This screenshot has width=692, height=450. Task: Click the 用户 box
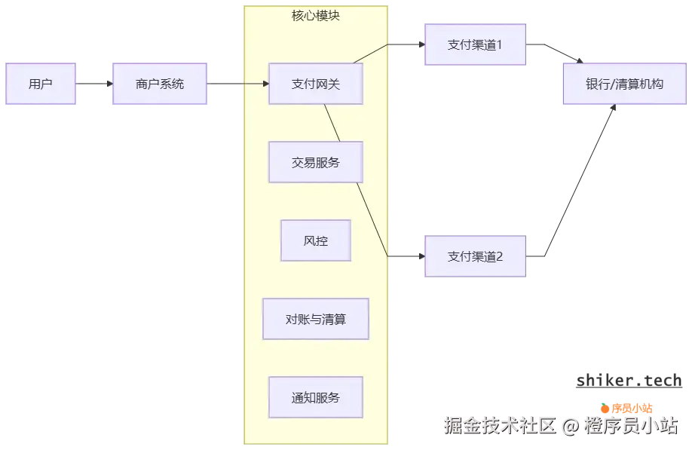[x=41, y=84]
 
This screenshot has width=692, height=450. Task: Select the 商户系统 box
[x=159, y=84]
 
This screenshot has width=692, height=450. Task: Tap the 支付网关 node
[x=316, y=84]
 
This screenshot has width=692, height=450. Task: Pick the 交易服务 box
[x=316, y=162]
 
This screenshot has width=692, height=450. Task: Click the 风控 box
[x=316, y=240]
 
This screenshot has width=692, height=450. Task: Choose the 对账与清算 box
[x=316, y=319]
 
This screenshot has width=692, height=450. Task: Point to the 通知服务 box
[x=316, y=397]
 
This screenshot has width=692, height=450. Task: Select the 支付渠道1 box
[x=475, y=44]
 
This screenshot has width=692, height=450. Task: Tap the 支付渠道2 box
[x=475, y=256]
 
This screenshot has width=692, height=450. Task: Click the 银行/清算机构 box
[x=624, y=84]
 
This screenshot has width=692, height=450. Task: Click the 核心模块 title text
[x=316, y=15]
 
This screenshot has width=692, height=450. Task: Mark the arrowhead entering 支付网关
[x=265, y=84]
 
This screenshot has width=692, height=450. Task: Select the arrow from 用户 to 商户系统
[x=94, y=84]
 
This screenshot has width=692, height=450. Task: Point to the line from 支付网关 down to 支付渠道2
[x=358, y=181]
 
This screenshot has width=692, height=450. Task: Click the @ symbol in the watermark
[x=571, y=427]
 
